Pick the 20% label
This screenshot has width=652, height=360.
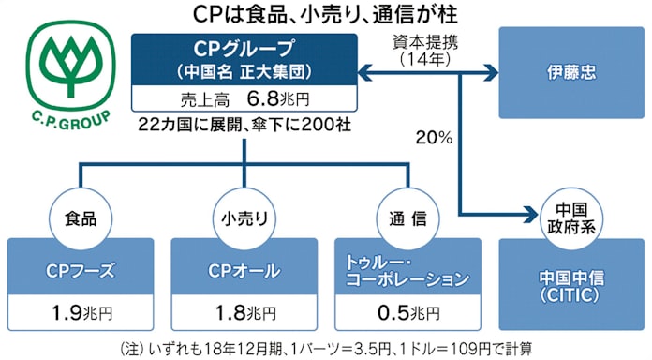coord(435,138)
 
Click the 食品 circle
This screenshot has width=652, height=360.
coord(80,217)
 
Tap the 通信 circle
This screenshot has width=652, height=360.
coord(407,217)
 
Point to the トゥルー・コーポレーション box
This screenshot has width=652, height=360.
coord(407,271)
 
